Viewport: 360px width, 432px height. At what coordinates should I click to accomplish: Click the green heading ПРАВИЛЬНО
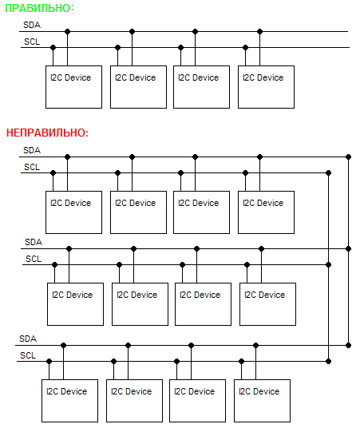point(38,8)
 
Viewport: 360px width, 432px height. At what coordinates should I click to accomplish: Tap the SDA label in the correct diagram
point(32,25)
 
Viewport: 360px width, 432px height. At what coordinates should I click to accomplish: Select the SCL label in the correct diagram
point(32,42)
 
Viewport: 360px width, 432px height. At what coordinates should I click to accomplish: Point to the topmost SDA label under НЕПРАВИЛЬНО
point(32,150)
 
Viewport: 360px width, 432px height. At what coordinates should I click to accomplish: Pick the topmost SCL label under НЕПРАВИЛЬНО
point(32,167)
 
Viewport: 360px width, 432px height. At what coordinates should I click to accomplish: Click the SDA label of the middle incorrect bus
point(34,242)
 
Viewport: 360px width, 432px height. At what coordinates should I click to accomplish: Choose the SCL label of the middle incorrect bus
point(34,259)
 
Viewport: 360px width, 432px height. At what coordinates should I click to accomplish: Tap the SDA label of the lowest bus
point(28,339)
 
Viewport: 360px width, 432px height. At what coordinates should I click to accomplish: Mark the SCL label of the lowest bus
point(28,355)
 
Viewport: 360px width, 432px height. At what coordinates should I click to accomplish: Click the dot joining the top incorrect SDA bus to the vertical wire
point(349,157)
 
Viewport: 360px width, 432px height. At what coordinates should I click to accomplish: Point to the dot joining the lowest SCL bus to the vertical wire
point(328,361)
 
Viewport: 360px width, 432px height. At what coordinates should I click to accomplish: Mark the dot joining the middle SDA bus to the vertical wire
point(349,249)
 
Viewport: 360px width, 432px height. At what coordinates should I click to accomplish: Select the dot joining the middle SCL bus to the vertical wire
point(328,265)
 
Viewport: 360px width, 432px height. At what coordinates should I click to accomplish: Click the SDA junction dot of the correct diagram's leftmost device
point(68,32)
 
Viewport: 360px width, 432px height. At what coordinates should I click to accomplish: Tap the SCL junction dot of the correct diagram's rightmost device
point(245,48)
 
